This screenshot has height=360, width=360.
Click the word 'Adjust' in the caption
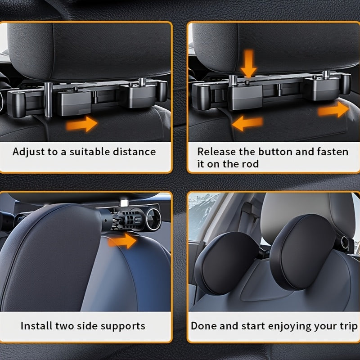[28, 151]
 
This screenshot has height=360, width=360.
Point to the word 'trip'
[347, 326]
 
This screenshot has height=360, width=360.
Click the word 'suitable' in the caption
[88, 151]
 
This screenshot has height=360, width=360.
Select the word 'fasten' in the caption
[333, 152]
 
